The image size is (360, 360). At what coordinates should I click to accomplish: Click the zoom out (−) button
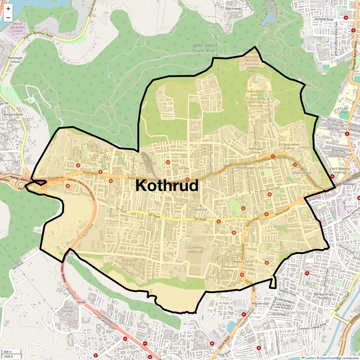pyautogui.click(x=8, y=18)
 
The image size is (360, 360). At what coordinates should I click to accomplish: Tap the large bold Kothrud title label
pyautogui.click(x=167, y=185)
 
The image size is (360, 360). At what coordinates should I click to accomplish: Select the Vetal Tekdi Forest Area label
pyautogui.click(x=204, y=48)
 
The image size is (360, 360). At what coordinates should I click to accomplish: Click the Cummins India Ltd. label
pyautogui.click(x=196, y=250)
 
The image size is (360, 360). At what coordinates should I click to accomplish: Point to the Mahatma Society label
pyautogui.click(x=129, y=262)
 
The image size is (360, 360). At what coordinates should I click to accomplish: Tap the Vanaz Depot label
pyautogui.click(x=148, y=163)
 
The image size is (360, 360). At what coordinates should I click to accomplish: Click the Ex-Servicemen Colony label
pyautogui.click(x=289, y=146)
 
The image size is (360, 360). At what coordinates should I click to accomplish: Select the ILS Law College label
pyautogui.click(x=342, y=110)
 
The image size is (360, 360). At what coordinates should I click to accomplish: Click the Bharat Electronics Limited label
pyautogui.click(x=17, y=27)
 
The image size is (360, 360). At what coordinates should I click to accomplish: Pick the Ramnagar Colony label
pyautogui.click(x=15, y=60)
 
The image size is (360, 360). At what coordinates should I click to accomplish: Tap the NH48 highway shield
pyautogui.click(x=81, y=302)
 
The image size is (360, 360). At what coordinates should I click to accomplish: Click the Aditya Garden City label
pyautogui.click(x=68, y=311)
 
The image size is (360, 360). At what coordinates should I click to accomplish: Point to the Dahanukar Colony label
pyautogui.click(x=228, y=268)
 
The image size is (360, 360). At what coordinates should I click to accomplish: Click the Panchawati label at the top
pyautogui.click(x=233, y=9)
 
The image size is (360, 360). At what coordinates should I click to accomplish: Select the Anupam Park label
pyautogui.click(x=13, y=114)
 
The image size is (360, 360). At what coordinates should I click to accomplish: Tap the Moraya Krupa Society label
pyautogui.click(x=323, y=296)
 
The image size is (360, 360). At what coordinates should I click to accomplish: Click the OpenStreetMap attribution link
pyautogui.click(x=331, y=358)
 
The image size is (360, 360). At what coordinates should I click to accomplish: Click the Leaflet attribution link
pyautogui.click(x=310, y=358)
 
